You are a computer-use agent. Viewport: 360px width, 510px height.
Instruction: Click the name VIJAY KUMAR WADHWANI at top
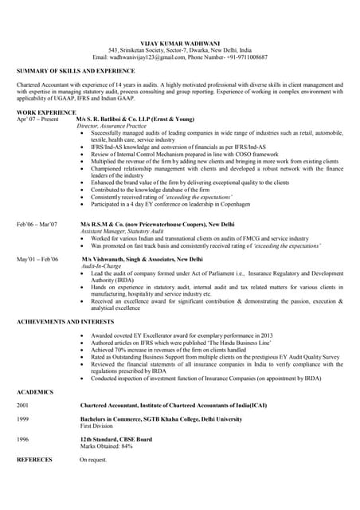point(179,40)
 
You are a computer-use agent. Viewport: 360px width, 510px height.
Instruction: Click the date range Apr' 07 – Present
point(37,120)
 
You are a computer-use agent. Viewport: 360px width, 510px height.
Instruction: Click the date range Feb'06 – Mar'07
point(37,225)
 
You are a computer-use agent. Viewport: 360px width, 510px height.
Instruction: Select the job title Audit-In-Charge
point(104,267)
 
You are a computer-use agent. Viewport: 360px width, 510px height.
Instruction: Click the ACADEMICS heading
point(35,392)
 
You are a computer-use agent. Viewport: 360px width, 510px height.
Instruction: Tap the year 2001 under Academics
point(23,406)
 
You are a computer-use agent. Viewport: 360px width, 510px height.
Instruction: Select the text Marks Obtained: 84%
point(106,446)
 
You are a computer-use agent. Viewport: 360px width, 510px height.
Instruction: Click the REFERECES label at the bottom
point(34,460)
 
